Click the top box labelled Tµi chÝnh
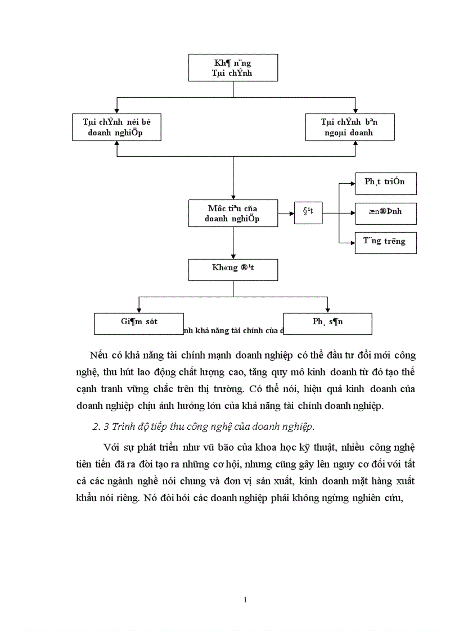tap(233, 68)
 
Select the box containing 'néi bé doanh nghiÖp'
tap(116, 127)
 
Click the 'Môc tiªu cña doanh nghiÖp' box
tap(233, 214)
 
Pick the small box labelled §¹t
tap(308, 212)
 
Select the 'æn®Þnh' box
tap(385, 214)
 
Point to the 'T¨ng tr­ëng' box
tap(385, 242)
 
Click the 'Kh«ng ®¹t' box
tap(233, 269)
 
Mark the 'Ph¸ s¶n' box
tap(327, 323)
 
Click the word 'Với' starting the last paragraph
tap(111, 447)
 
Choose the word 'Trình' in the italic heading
tap(124, 426)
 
